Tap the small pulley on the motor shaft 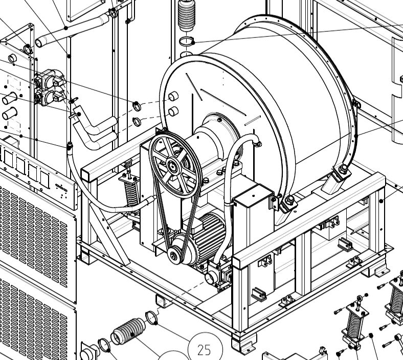(175, 253)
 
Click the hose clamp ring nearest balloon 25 (152, 318)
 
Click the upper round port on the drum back (173, 96)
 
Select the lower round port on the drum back (173, 111)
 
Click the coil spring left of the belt (131, 193)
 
